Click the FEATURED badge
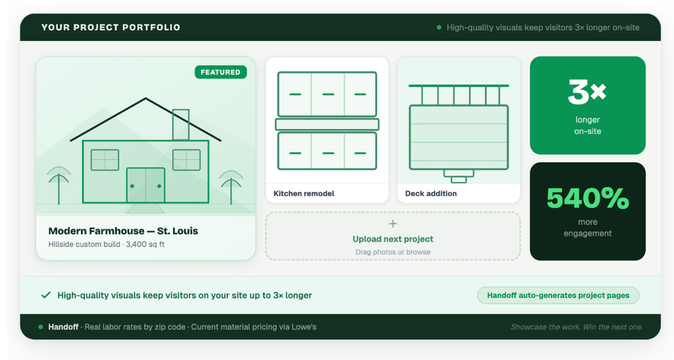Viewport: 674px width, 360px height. pos(221,72)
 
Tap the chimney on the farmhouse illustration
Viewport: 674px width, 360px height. pos(181,124)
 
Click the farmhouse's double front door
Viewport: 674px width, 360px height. pos(145,185)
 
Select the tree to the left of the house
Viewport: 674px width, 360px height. pos(58,185)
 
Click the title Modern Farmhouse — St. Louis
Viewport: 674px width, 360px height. pos(123,231)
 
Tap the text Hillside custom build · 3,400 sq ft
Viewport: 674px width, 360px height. pos(106,244)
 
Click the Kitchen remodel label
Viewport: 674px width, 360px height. pos(304,193)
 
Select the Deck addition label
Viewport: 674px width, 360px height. pos(431,193)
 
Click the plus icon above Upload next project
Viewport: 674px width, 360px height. pos(393,224)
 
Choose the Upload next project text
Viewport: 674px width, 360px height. pos(393,239)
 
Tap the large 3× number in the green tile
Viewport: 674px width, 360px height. pos(587,92)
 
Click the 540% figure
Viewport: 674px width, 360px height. pos(588,198)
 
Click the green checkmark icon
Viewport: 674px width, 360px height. pos(46,295)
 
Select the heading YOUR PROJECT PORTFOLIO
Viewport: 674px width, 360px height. pos(111,28)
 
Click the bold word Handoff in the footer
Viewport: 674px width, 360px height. pos(63,327)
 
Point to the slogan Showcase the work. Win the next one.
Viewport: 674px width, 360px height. pos(576,327)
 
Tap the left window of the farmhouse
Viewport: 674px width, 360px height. pos(104,160)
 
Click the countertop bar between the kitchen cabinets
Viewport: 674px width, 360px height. pos(327,124)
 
